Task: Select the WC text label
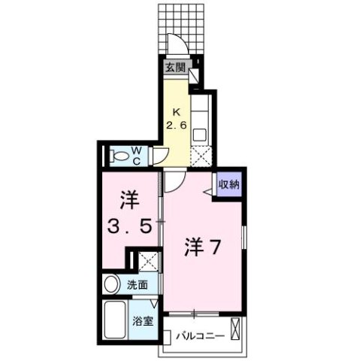tap(138, 155)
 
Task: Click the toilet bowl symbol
tap(119, 156)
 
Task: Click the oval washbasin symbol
tap(112, 285)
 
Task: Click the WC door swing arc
tap(162, 155)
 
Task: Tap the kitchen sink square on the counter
tap(199, 135)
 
